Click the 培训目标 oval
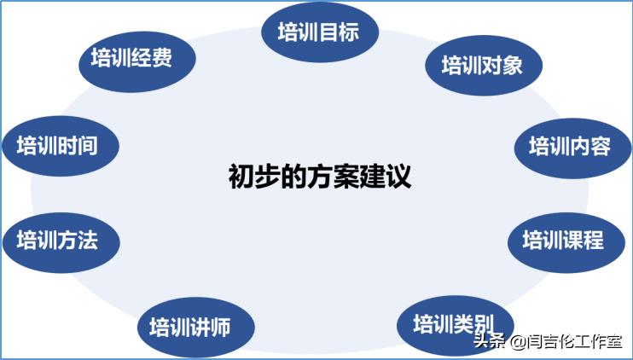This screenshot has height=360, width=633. (x=318, y=33)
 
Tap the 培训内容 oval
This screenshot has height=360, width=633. (x=569, y=146)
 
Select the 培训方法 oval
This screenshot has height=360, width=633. (x=59, y=240)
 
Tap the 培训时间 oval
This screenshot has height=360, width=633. (x=59, y=146)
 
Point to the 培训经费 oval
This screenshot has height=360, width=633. (x=131, y=58)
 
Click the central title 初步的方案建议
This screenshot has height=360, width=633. (x=320, y=177)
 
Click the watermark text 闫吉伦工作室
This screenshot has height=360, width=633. (x=576, y=343)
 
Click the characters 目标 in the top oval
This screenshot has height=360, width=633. (x=339, y=33)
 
